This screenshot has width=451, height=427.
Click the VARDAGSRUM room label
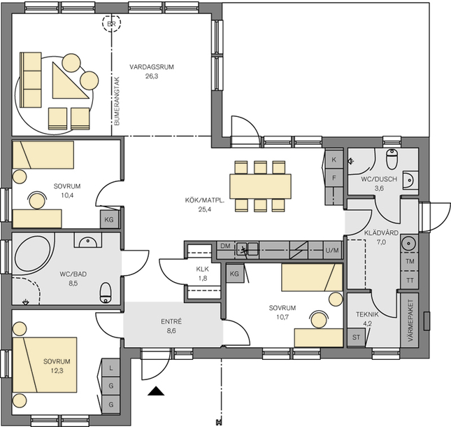[x=152, y=67]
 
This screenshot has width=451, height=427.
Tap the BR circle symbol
[x=112, y=23]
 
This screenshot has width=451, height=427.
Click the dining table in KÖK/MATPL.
[x=260, y=186]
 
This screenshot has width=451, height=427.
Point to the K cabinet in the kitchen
[x=334, y=160]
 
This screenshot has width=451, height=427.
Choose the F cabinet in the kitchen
[x=334, y=178]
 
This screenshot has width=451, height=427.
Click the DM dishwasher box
[x=225, y=246]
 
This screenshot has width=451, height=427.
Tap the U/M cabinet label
[x=332, y=251]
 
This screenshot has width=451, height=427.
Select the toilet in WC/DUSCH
[x=392, y=159]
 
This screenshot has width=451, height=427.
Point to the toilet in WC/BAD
[x=106, y=293]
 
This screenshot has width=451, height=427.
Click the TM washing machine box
[x=410, y=261]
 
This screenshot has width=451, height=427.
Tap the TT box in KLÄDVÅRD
[x=410, y=280]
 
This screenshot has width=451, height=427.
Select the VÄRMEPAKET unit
[x=410, y=321]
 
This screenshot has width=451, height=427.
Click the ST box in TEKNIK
[x=356, y=337]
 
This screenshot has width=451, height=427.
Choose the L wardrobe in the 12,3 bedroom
[x=110, y=368]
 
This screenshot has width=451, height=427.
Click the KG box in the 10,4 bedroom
[x=109, y=220]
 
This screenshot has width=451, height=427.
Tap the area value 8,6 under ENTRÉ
[x=171, y=331]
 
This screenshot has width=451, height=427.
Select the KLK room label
[x=203, y=269]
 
